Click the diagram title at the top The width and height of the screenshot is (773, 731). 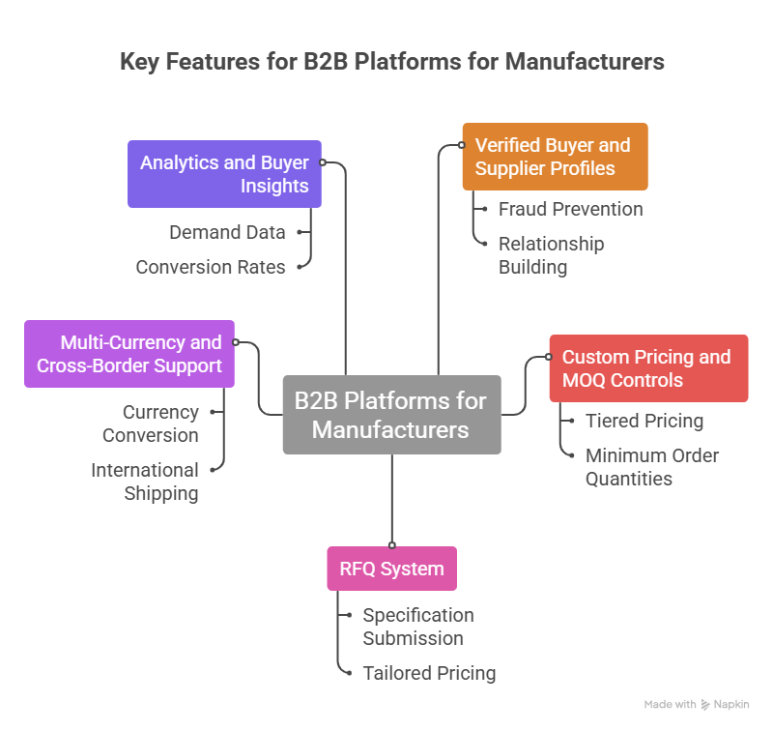[391, 62]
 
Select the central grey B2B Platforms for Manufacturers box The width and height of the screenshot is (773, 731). [391, 414]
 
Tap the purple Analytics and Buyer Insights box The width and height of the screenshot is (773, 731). [224, 174]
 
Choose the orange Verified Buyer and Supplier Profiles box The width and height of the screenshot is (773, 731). [554, 157]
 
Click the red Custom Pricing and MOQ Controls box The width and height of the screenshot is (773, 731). [647, 368]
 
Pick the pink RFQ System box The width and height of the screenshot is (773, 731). [391, 569]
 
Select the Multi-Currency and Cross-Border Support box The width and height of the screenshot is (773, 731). [129, 354]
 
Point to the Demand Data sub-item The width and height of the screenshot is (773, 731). [227, 232]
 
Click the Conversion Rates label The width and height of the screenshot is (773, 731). [211, 267]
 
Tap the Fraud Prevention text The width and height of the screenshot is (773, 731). [570, 209]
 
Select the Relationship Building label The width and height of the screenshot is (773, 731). [551, 255]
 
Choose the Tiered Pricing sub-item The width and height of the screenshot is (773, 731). [644, 421]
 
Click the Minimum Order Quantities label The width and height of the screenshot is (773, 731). [652, 467]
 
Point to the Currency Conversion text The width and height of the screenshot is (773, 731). [150, 424]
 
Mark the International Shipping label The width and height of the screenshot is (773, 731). [145, 482]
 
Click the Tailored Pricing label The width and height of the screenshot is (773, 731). [429, 673]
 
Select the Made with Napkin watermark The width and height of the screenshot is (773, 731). [696, 705]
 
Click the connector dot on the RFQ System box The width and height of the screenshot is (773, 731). [391, 546]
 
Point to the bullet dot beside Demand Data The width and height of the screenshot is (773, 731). [301, 232]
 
